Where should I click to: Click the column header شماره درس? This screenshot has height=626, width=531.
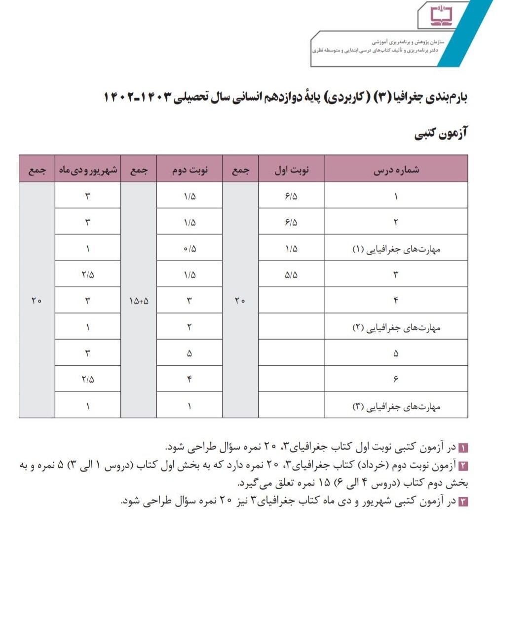(396, 170)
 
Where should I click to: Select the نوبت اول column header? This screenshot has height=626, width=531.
(291, 170)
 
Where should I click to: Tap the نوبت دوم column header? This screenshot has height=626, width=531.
(190, 170)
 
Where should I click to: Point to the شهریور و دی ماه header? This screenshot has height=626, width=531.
(88, 170)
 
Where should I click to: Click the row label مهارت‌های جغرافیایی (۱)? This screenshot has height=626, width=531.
(396, 249)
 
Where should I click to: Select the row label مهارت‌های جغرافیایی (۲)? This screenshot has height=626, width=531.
(396, 327)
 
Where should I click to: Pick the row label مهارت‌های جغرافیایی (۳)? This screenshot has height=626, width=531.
(396, 406)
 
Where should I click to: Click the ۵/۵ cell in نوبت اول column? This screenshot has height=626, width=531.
(291, 274)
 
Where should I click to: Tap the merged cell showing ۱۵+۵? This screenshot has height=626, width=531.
(139, 301)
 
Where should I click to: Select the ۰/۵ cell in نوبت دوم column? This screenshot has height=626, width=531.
(190, 249)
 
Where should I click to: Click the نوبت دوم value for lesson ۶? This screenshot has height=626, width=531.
(190, 379)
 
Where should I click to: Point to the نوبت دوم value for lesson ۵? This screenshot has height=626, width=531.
(190, 353)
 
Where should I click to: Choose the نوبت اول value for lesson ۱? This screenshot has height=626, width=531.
(291, 196)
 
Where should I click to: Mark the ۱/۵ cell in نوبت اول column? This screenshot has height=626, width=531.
(291, 249)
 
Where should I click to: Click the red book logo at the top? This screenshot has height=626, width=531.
(441, 15)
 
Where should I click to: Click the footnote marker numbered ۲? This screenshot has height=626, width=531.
(463, 466)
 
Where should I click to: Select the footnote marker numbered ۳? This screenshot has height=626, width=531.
(463, 502)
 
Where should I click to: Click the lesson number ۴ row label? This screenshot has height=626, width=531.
(396, 301)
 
